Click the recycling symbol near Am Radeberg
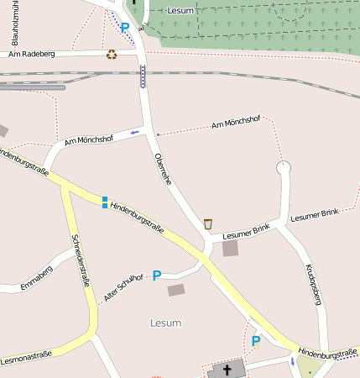(x=112, y=55)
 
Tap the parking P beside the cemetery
(x=125, y=28)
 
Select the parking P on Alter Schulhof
(x=156, y=276)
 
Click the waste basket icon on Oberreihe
(x=208, y=224)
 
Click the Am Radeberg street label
(x=32, y=54)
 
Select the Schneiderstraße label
(x=81, y=260)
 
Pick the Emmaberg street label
(x=37, y=277)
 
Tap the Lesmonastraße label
(x=26, y=355)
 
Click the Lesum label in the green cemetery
(x=180, y=11)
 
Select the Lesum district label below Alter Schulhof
(x=165, y=323)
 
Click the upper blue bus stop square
(x=105, y=198)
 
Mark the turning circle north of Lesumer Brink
(x=284, y=168)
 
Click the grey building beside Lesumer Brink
(x=230, y=249)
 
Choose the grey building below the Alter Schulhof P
(x=175, y=290)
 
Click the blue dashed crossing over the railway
(x=143, y=76)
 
